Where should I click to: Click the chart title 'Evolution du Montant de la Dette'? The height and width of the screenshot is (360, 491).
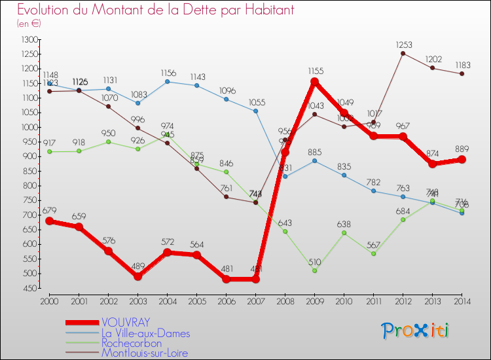[x=156, y=10]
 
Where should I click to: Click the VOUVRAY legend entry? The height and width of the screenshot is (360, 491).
[x=126, y=322]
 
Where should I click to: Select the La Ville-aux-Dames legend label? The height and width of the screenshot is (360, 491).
[x=146, y=333]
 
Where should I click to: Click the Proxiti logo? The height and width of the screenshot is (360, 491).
[x=415, y=331]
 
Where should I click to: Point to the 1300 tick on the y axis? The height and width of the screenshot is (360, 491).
[x=28, y=40]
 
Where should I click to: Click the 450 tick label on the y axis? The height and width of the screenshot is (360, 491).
[x=29, y=288]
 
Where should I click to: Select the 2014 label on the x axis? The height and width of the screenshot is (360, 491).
[x=462, y=300]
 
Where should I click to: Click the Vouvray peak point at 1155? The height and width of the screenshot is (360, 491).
[x=315, y=82]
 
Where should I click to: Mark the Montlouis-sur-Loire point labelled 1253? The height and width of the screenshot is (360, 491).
[x=403, y=54]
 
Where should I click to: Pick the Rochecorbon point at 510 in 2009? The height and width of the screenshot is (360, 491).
[x=315, y=270]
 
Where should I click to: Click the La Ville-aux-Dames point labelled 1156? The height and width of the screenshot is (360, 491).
[x=167, y=82]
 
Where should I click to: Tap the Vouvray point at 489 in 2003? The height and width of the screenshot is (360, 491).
[x=137, y=276]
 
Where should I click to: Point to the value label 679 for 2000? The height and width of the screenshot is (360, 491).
[x=50, y=211]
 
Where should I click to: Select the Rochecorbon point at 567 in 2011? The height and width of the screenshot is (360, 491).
[x=374, y=253]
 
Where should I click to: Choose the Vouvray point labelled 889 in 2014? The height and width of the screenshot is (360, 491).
[x=462, y=159]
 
